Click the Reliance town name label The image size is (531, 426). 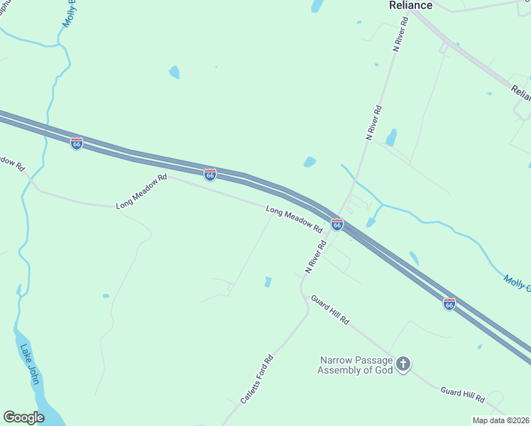coord(410,6)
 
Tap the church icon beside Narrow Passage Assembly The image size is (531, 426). coord(403,365)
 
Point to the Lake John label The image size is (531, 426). coord(30,364)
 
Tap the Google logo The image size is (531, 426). coord(23,417)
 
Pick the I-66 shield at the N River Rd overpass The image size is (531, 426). coord(337,224)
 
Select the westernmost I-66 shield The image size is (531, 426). coord(77,143)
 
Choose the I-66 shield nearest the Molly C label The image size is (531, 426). coord(449,304)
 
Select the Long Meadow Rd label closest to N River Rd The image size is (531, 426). coord(294,219)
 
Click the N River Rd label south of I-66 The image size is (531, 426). coord(315,256)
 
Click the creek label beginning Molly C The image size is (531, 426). coord(517,283)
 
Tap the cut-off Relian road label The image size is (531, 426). coord(520,92)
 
